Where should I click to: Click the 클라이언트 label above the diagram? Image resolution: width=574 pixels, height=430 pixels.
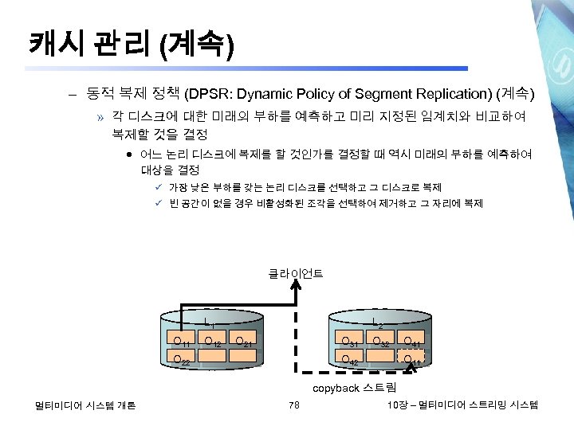tap(296, 274)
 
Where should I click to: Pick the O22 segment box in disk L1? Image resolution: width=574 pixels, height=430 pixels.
tap(182, 360)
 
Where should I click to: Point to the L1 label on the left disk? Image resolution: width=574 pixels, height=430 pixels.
tap(210, 322)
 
